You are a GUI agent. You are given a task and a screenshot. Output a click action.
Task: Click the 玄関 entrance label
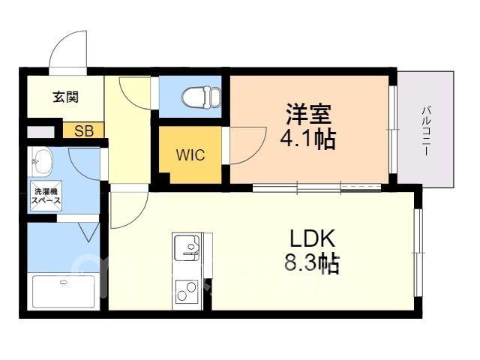(x=66, y=97)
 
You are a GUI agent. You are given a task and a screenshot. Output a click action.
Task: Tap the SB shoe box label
(x=84, y=131)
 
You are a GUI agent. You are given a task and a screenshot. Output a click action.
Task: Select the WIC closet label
(x=190, y=155)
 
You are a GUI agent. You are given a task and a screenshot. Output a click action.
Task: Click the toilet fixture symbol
(x=201, y=97)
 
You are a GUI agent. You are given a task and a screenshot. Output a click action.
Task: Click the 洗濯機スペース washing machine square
(x=46, y=196)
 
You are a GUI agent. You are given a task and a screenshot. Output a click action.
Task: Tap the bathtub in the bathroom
(x=64, y=291)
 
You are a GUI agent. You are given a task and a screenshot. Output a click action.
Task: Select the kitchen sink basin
(x=187, y=248)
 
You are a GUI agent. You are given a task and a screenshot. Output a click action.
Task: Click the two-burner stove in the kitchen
(x=187, y=292)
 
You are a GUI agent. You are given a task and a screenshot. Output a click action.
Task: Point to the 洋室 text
(x=308, y=114)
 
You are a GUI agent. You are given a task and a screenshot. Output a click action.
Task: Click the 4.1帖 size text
(x=308, y=139)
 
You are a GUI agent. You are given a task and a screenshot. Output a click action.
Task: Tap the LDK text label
(x=312, y=238)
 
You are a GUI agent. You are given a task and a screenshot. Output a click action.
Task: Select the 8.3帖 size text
(x=312, y=263)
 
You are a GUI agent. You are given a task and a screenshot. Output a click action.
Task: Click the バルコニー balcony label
(x=426, y=130)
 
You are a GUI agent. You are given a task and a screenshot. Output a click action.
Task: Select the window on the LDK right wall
(x=418, y=253)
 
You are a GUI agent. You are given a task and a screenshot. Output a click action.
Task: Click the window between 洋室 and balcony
(x=393, y=130)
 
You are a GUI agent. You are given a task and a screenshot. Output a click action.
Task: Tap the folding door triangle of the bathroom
(x=88, y=232)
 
